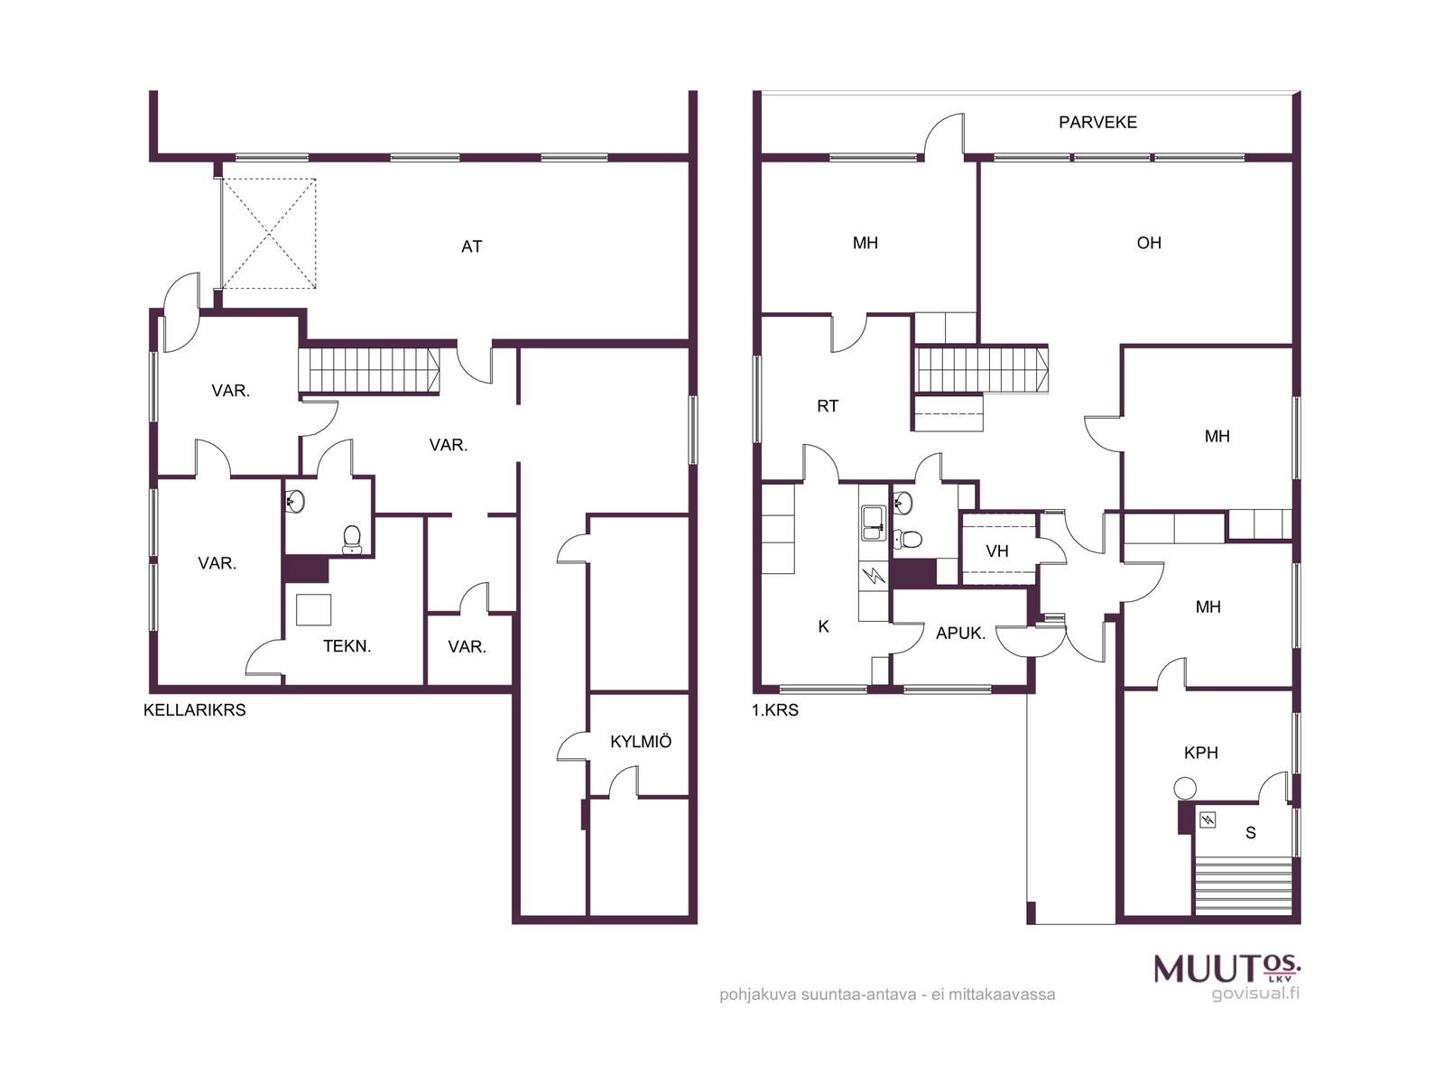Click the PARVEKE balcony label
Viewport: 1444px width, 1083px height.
[x=1097, y=123]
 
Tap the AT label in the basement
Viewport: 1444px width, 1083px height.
[x=471, y=246]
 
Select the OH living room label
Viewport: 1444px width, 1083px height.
[x=1149, y=244]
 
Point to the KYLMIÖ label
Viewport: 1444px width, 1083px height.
[x=640, y=741]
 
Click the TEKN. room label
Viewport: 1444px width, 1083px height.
[x=347, y=646]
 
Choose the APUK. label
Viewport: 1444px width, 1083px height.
[x=960, y=634]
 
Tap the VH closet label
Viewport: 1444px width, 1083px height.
[x=996, y=551]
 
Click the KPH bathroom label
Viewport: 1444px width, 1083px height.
[x=1200, y=753]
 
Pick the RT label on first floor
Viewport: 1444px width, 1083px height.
[x=827, y=406]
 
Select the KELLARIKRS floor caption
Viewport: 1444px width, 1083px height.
[x=194, y=710]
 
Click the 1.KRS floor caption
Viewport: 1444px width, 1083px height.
[x=775, y=710]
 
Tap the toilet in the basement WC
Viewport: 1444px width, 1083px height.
[x=352, y=539]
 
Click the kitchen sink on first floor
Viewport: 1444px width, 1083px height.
[x=874, y=523]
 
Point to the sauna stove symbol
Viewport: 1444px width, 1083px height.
[x=1208, y=819]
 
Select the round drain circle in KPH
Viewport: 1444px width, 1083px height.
[x=1185, y=788]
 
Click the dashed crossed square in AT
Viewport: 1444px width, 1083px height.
[x=268, y=234]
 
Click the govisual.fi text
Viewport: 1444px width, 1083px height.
[x=1255, y=993]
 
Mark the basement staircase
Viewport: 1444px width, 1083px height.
[x=369, y=371]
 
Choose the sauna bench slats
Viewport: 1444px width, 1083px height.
[x=1243, y=885]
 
